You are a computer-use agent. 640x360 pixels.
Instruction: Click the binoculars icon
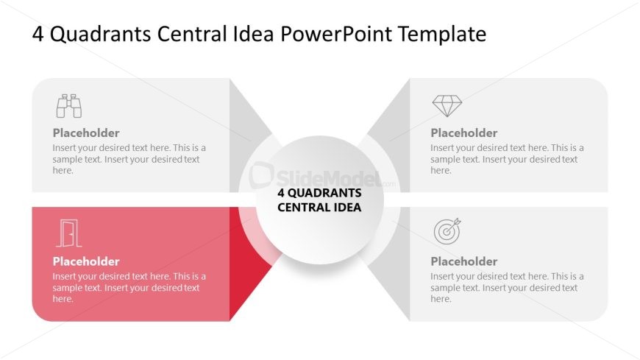(69, 106)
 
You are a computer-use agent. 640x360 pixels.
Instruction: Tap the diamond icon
(447, 106)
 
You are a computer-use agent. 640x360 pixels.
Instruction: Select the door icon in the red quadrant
(69, 233)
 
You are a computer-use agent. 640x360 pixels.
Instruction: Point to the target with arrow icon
(447, 231)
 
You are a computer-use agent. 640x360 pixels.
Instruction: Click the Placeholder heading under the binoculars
(86, 133)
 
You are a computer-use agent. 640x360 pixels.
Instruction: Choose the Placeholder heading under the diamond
(464, 133)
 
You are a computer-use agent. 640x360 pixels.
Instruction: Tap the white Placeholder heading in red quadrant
(86, 261)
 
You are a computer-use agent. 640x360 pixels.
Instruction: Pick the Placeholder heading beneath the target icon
(464, 261)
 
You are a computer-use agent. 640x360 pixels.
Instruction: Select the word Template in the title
(442, 35)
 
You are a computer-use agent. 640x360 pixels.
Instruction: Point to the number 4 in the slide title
(38, 34)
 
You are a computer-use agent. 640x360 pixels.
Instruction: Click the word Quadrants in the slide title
(100, 35)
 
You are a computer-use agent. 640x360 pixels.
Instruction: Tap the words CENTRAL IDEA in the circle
(319, 207)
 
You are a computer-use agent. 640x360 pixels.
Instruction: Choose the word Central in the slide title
(192, 34)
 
